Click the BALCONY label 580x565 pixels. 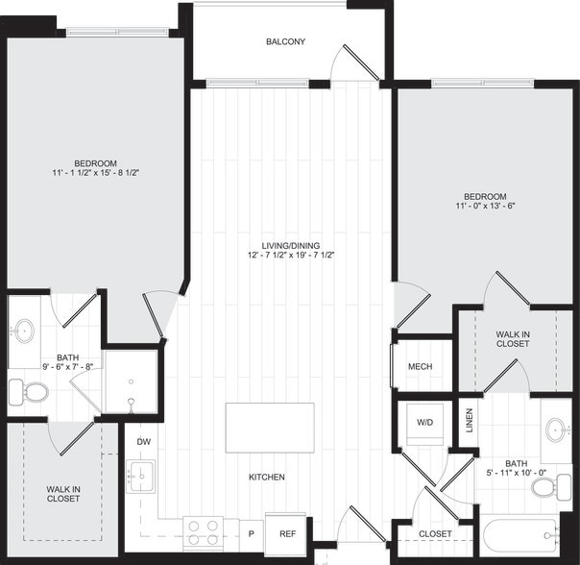[x=285, y=41]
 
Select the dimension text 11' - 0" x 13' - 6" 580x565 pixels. [x=488, y=206]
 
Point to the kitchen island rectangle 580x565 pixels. [x=269, y=428]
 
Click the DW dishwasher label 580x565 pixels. [x=143, y=442]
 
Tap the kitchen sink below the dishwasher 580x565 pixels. [x=142, y=474]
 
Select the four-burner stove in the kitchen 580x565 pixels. [x=203, y=532]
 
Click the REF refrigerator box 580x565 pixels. [x=287, y=533]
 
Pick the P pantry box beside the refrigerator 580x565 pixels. [x=251, y=533]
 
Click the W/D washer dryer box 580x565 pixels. [x=423, y=423]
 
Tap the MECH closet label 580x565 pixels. [x=420, y=366]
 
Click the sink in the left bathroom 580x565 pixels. [x=24, y=332]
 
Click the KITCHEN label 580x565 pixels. [x=267, y=477]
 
